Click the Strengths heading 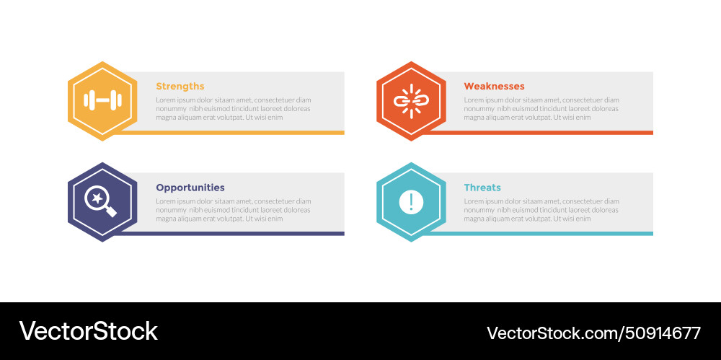pyautogui.click(x=180, y=87)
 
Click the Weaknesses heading pyautogui.click(x=494, y=87)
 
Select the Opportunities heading pyautogui.click(x=190, y=188)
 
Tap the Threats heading pyautogui.click(x=482, y=188)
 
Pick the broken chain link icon pyautogui.click(x=411, y=101)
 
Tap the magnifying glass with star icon pyautogui.click(x=101, y=201)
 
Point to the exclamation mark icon pyautogui.click(x=411, y=201)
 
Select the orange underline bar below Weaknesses pyautogui.click(x=541, y=133)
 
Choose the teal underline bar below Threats pyautogui.click(x=541, y=234)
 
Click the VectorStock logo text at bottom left pyautogui.click(x=88, y=331)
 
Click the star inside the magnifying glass pyautogui.click(x=97, y=198)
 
